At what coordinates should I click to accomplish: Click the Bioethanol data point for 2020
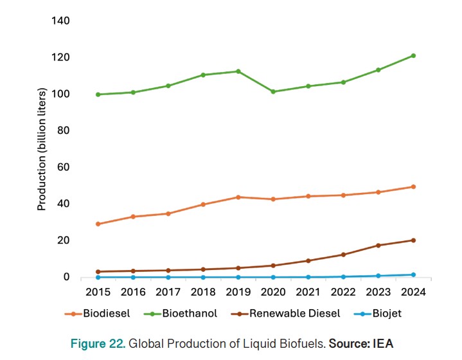click(273, 92)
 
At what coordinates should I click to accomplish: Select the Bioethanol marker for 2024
click(413, 56)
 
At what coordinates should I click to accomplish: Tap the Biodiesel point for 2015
click(98, 224)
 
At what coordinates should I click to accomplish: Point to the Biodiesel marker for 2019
click(238, 197)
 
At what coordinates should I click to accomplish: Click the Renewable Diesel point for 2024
click(413, 240)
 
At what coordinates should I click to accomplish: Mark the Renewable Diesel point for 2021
click(308, 261)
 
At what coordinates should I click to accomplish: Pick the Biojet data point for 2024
click(413, 275)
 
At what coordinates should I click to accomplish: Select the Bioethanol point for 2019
click(238, 71)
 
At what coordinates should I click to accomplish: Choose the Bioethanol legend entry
click(179, 314)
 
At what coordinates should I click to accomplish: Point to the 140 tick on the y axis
click(61, 21)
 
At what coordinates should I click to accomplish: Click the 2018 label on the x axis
click(203, 292)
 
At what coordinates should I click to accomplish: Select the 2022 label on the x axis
click(343, 292)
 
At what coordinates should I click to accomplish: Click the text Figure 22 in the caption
click(98, 344)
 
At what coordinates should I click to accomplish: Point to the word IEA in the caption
click(380, 344)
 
